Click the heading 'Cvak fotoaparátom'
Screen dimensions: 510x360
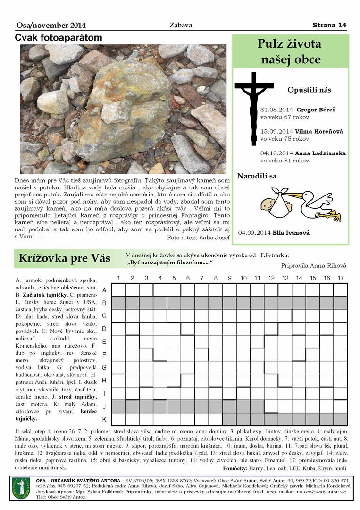pyautogui.click(x=59, y=38)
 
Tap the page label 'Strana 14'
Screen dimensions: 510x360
pyautogui.click(x=329, y=25)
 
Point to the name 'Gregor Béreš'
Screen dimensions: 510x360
pyautogui.click(x=316, y=110)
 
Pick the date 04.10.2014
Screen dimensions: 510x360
pyautogui.click(x=276, y=153)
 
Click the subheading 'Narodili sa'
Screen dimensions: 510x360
pyautogui.click(x=257, y=177)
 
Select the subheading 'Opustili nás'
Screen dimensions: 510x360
pyautogui.click(x=309, y=90)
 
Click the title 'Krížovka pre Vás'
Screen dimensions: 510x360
pyautogui.click(x=64, y=258)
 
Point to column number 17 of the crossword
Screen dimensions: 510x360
pyautogui.click(x=341, y=278)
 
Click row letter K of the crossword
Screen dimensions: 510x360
pyautogui.click(x=104, y=419)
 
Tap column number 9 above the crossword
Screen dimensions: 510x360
pyautogui.click(x=229, y=278)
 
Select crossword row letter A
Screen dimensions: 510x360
pyautogui.click(x=104, y=290)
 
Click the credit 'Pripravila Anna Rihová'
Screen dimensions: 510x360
pyautogui.click(x=313, y=266)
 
